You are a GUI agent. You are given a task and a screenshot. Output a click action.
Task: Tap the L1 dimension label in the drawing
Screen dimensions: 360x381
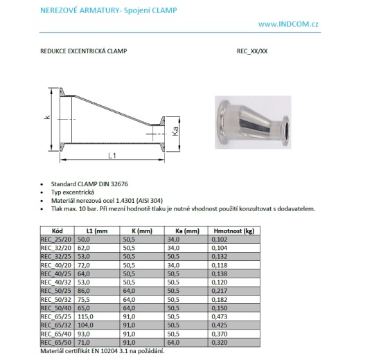click(112, 154)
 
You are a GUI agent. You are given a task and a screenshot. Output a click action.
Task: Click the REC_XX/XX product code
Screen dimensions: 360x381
click(252, 52)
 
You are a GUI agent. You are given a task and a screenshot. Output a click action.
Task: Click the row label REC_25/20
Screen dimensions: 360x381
click(55, 237)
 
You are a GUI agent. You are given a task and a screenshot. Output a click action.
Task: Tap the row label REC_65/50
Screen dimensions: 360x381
click(55, 342)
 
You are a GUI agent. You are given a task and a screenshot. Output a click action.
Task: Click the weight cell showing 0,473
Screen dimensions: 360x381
click(221, 315)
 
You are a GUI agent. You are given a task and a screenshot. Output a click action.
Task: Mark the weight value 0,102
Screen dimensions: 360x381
click(221, 237)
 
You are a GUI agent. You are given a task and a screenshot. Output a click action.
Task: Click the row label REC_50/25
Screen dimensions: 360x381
click(55, 289)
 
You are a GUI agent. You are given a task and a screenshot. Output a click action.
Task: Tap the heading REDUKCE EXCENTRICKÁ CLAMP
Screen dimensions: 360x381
click(85, 52)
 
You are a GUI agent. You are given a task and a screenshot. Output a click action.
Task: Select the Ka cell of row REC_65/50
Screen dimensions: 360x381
click(175, 342)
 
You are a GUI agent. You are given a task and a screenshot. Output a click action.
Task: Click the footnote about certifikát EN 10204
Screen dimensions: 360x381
click(102, 351)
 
